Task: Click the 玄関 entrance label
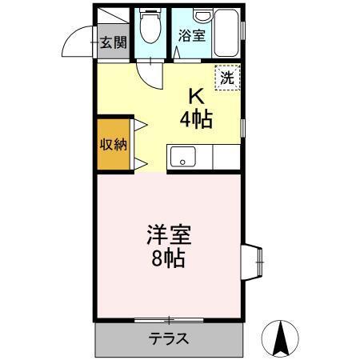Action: pyautogui.click(x=112, y=42)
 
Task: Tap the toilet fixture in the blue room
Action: pyautogui.click(x=149, y=29)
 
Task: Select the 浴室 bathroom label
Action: pyautogui.click(x=191, y=35)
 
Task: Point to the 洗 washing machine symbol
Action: pyautogui.click(x=227, y=78)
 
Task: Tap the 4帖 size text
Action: pyautogui.click(x=194, y=120)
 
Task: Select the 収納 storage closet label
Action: pyautogui.click(x=112, y=144)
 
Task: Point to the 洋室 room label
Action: pyautogui.click(x=168, y=237)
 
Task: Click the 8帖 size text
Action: pyautogui.click(x=168, y=259)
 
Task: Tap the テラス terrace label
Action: pyautogui.click(x=169, y=339)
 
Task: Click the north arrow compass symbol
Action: pyautogui.click(x=281, y=338)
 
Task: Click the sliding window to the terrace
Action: pyautogui.click(x=169, y=320)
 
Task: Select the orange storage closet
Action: pyautogui.click(x=113, y=145)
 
